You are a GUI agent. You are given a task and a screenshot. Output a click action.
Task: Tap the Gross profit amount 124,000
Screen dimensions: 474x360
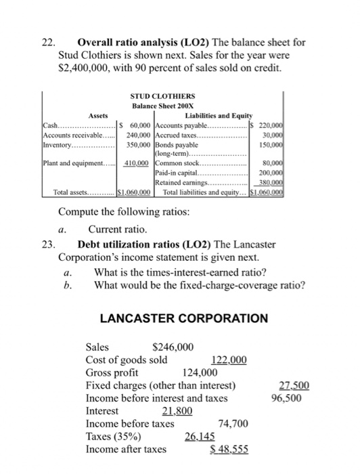point(200,372)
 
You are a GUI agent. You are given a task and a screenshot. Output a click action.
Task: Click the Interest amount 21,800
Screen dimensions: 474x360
point(175,411)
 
